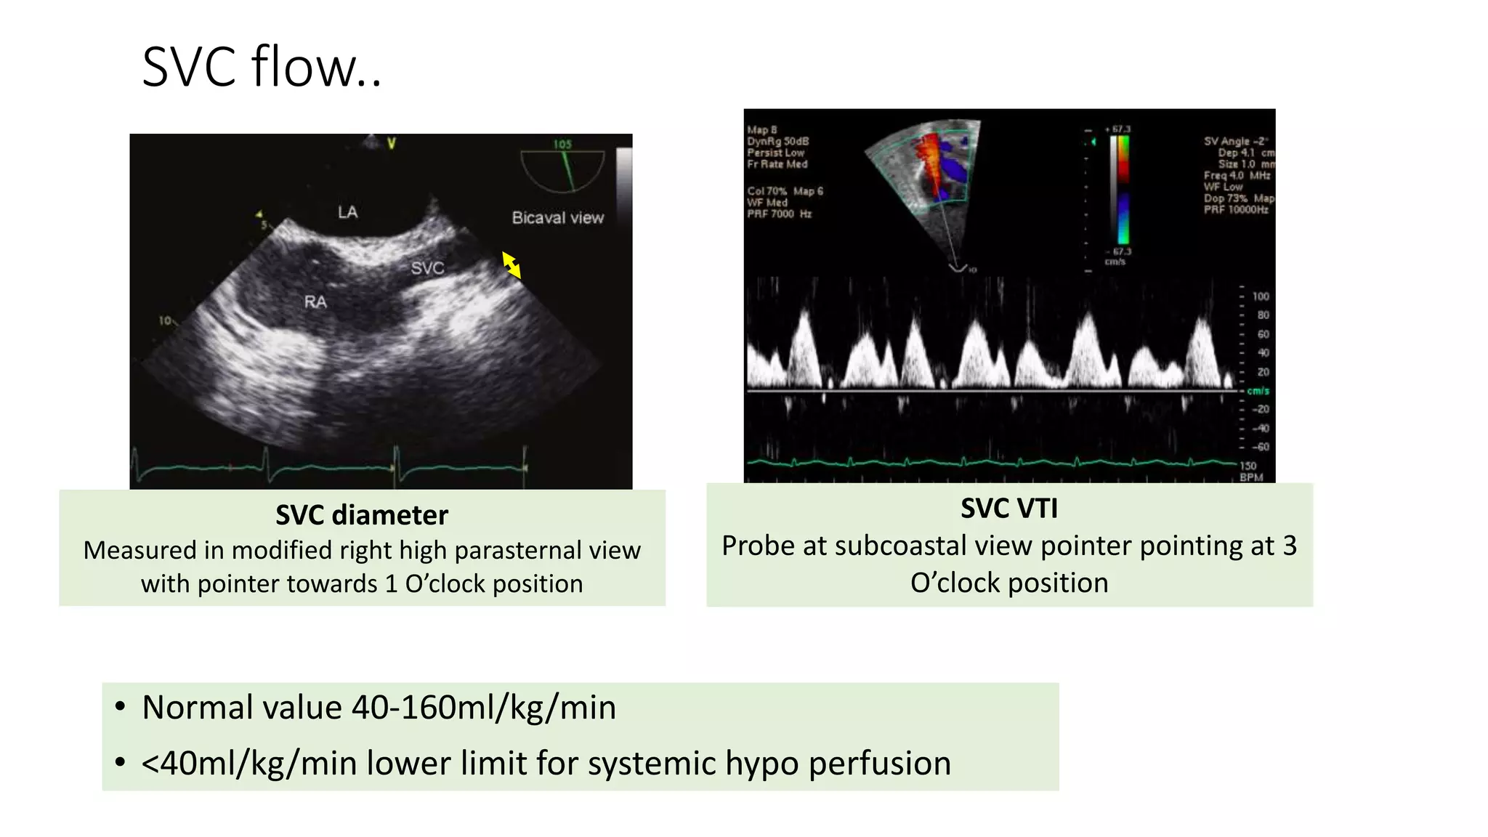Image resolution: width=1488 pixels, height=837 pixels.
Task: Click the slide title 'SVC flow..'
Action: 262,67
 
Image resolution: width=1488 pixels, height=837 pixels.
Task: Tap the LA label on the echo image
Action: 347,212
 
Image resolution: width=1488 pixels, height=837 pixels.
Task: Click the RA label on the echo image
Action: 315,302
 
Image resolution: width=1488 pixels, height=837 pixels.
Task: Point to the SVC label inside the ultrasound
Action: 427,268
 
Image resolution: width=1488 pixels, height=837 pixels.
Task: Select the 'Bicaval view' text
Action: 557,218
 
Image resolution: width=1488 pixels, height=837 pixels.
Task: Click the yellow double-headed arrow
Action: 511,265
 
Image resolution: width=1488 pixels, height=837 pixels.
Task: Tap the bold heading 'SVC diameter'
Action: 362,515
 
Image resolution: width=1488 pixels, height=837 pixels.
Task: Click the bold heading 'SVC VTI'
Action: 1009,509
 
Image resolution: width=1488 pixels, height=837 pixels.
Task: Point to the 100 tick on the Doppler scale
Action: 1261,296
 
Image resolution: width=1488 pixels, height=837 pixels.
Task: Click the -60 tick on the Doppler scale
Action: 1261,447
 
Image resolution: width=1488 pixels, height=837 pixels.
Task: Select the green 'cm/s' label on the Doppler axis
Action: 1258,391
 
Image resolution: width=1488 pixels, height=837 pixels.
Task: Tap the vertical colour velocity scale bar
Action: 1123,190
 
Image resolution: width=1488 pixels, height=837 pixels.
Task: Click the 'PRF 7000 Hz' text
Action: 779,214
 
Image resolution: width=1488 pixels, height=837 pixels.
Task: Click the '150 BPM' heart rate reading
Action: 1250,472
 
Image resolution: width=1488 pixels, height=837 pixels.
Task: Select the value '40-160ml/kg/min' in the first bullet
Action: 483,708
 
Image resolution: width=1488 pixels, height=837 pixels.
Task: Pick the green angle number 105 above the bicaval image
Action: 562,145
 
